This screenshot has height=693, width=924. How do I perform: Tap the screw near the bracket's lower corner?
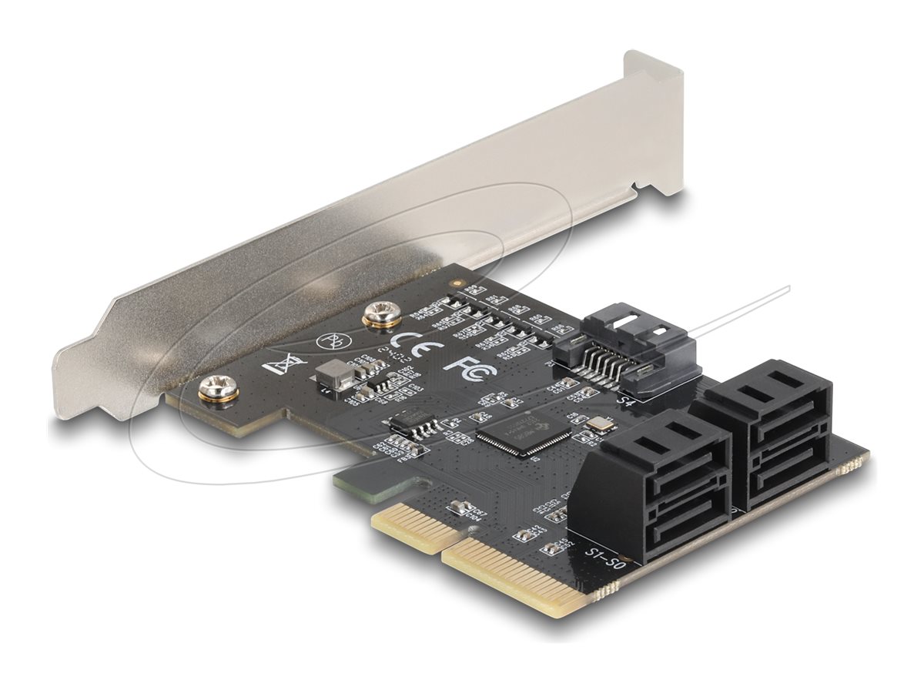209,390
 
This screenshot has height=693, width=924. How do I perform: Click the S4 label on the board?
628,401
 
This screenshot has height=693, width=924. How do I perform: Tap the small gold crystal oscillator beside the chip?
597,424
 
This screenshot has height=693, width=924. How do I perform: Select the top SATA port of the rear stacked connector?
770,400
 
